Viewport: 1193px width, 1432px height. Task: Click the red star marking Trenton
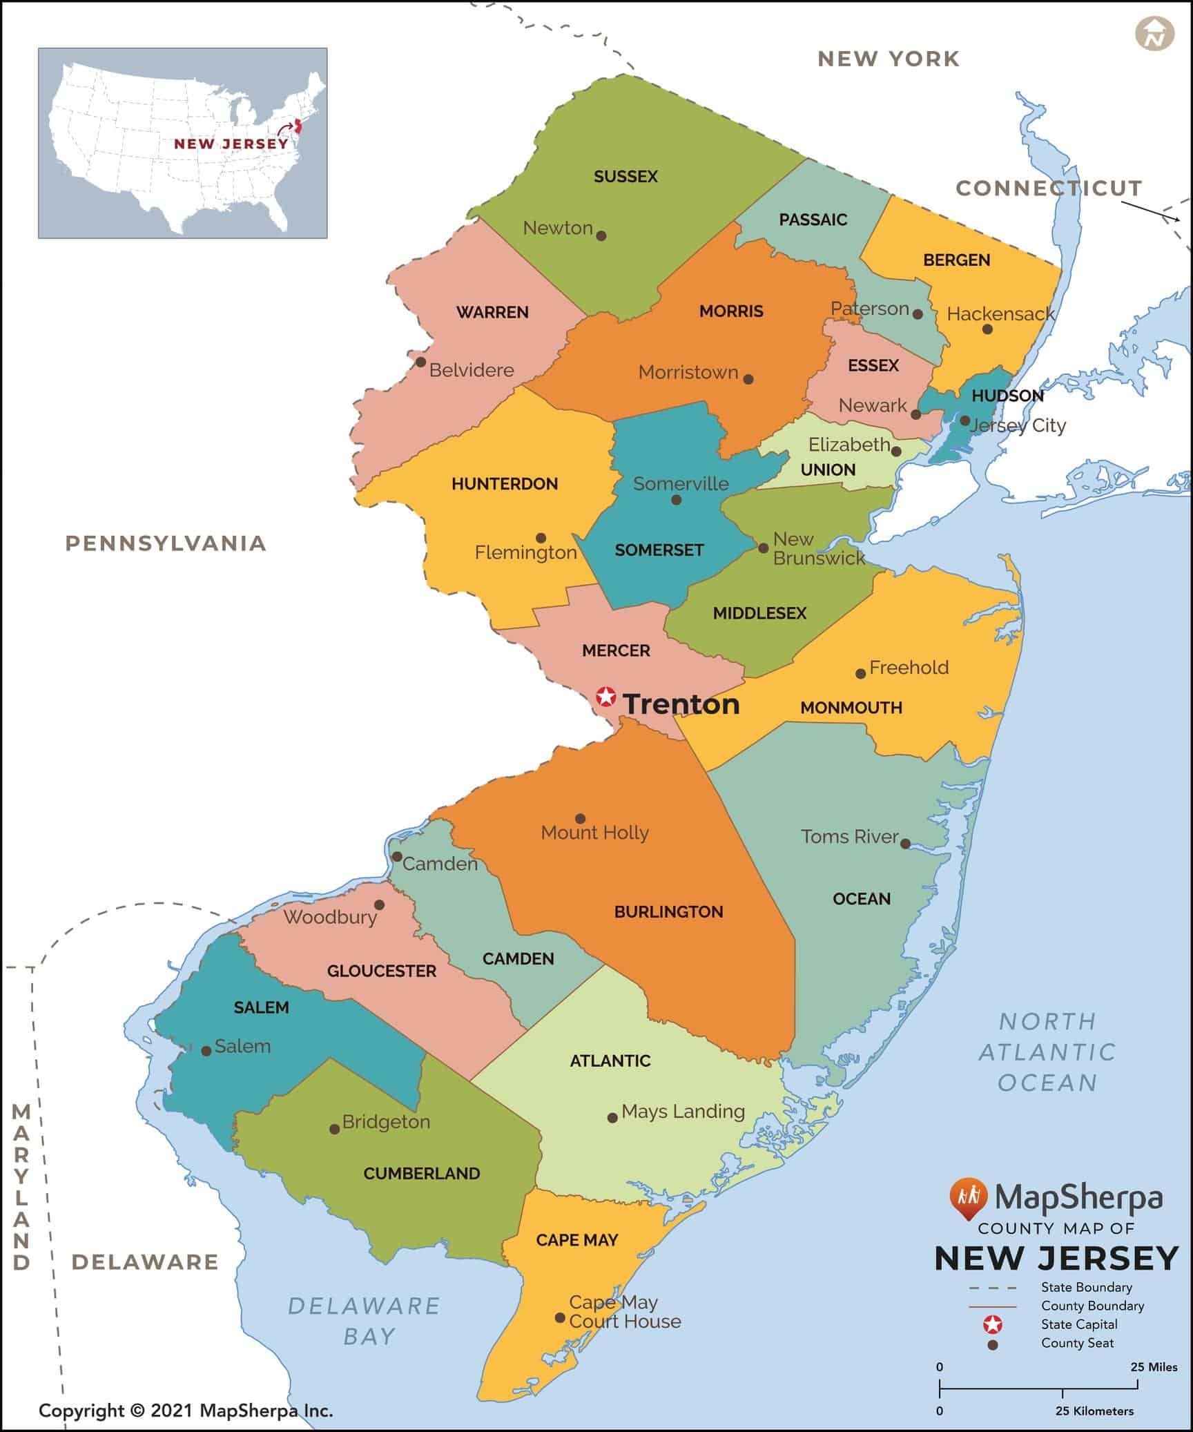[x=605, y=697]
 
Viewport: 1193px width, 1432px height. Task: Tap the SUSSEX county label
[x=625, y=177]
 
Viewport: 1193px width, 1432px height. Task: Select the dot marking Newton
[x=601, y=235]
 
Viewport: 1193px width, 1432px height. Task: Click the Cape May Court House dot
[x=560, y=1317]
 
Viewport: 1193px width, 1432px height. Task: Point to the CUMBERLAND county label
[x=421, y=1173]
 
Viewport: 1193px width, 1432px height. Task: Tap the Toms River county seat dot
[x=905, y=844]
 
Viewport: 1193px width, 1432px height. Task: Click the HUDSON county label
[x=1007, y=396]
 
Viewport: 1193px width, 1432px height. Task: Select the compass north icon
[x=1154, y=34]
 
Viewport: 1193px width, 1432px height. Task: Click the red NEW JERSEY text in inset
[x=231, y=144]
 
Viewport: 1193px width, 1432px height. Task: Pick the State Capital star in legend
[x=993, y=1324]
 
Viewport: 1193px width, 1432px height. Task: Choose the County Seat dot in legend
[x=993, y=1344]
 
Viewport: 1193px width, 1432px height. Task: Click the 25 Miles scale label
[x=1154, y=1366]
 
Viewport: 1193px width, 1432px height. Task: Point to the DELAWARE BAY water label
[x=364, y=1320]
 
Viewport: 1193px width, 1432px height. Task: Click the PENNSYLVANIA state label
[x=166, y=543]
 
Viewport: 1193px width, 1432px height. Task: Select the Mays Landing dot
[x=612, y=1117]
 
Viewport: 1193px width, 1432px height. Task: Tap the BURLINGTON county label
[x=668, y=911]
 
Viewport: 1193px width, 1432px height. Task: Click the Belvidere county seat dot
[x=420, y=362]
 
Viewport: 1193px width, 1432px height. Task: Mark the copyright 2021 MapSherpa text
[x=186, y=1411]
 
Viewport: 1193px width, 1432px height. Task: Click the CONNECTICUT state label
[x=1049, y=188]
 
